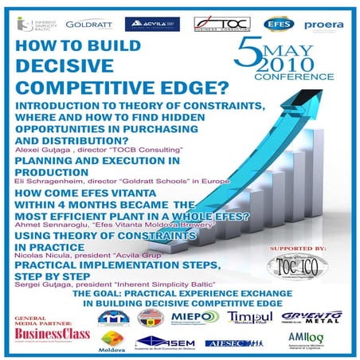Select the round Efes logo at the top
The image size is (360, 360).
point(277,24)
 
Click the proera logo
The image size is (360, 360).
point(325,25)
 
